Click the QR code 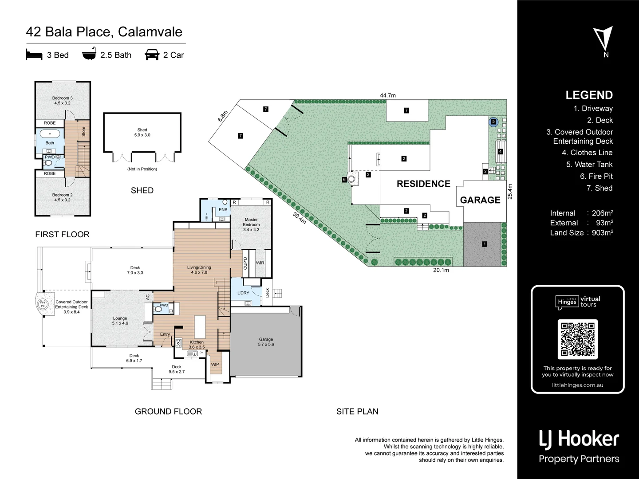(x=577, y=339)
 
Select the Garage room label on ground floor (x=266, y=342)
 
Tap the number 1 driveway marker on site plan (x=485, y=244)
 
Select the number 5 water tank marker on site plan (x=493, y=122)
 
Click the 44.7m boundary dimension (x=387, y=95)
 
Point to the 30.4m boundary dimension (x=300, y=217)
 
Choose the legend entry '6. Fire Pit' (x=596, y=176)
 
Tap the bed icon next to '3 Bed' (x=34, y=55)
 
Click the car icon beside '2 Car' (x=152, y=55)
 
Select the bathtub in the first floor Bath (x=50, y=133)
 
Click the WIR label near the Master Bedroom (x=260, y=263)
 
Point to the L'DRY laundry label (x=243, y=293)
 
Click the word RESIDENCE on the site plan (x=423, y=184)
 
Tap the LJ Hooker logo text (x=579, y=439)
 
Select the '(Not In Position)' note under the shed (x=142, y=169)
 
